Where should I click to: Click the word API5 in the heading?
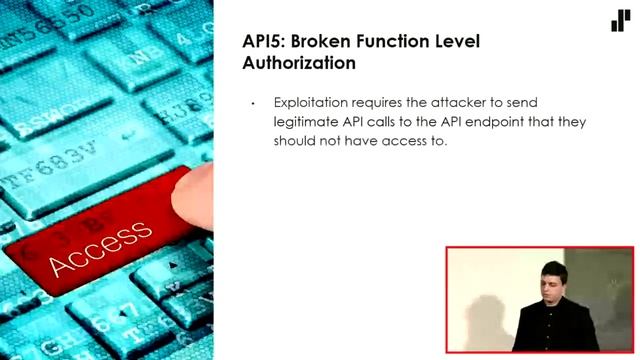(264, 42)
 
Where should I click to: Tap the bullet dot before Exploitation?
(254, 104)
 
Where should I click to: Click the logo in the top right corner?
(620, 20)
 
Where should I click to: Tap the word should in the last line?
(297, 141)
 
